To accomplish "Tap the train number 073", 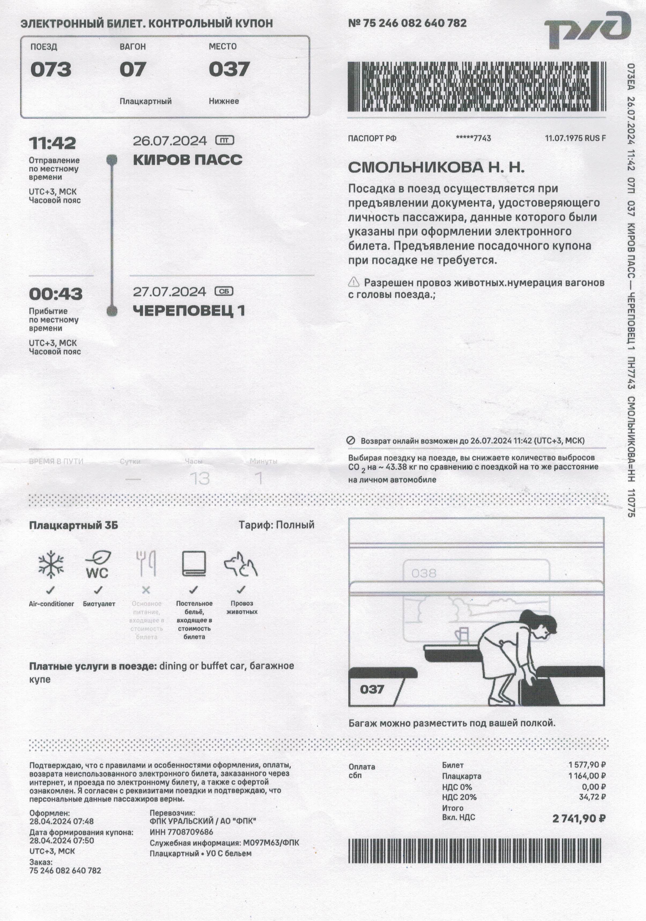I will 51,69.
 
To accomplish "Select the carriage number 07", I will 132,69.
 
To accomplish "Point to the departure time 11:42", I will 52,143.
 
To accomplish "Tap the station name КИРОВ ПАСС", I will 187,160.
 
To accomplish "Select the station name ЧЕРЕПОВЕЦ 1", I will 189,310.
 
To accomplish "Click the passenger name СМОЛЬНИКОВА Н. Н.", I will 436,167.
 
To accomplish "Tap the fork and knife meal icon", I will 146,564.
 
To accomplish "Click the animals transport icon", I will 241,565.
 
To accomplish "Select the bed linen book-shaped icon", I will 194,564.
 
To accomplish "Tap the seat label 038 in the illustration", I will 424,573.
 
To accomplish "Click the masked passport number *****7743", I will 474,138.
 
